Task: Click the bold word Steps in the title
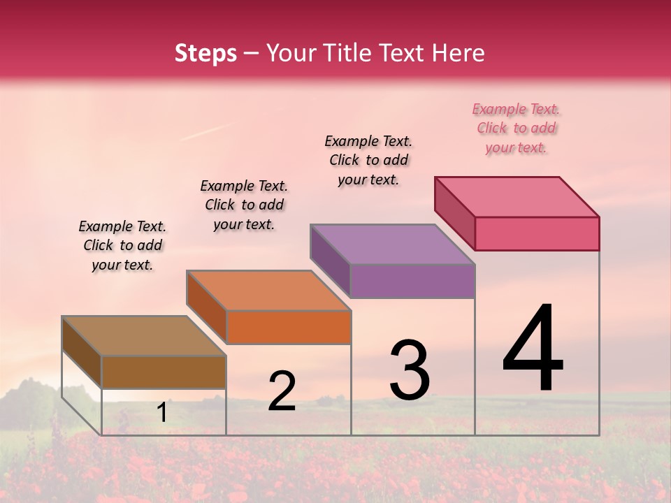[x=205, y=53]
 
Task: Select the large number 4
[x=533, y=349]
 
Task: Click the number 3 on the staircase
[x=409, y=370]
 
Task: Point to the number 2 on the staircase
[x=282, y=391]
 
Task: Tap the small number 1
[x=161, y=413]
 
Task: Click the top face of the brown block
[x=143, y=336]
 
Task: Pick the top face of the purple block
[x=393, y=245]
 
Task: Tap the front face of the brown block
[x=164, y=372]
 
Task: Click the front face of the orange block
[x=288, y=327]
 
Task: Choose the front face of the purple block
[x=412, y=281]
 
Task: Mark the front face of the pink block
[x=537, y=233]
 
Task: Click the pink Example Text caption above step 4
[x=516, y=129]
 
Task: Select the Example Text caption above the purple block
[x=368, y=161]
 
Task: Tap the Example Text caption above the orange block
[x=244, y=205]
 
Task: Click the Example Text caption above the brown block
[x=122, y=246]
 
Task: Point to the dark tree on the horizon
[x=35, y=395]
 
